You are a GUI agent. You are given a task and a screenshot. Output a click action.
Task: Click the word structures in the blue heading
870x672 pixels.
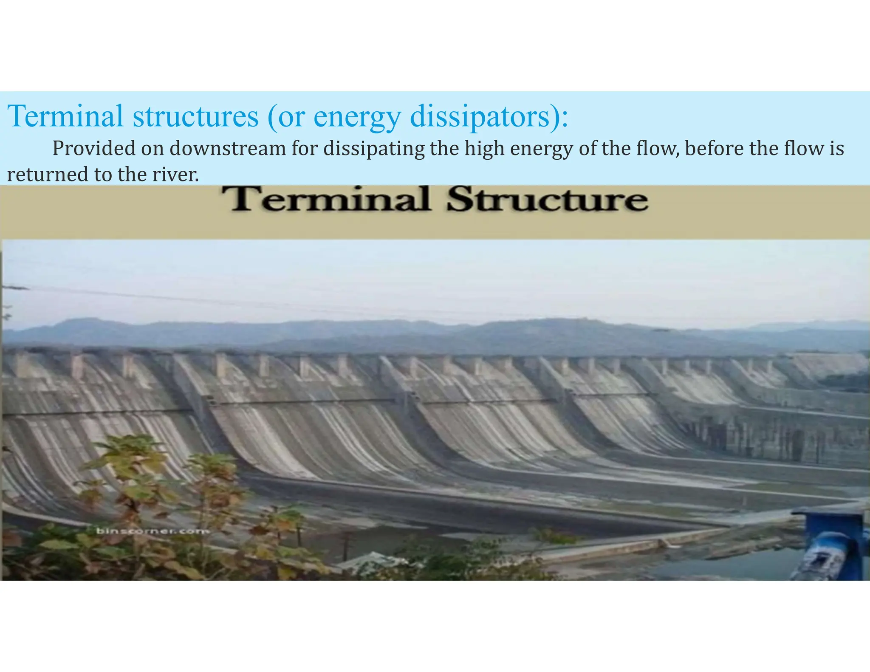[x=195, y=116]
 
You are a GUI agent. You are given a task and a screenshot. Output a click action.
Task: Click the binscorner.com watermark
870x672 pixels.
[x=153, y=531]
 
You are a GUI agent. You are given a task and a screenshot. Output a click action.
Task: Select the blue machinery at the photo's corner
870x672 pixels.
[x=833, y=544]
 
